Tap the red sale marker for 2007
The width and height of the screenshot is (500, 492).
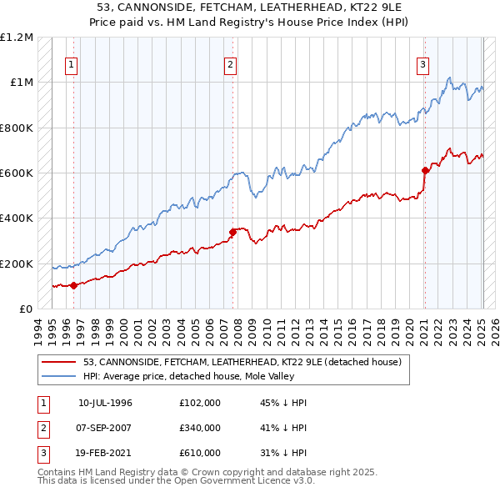(x=232, y=233)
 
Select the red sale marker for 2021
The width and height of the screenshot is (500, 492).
(x=424, y=171)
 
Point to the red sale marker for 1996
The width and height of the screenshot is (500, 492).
(x=73, y=286)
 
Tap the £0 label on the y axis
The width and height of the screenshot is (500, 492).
(x=24, y=309)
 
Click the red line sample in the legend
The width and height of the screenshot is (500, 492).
(x=59, y=362)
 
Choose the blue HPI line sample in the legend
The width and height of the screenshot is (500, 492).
(x=59, y=376)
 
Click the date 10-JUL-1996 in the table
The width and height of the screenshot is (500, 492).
(x=105, y=403)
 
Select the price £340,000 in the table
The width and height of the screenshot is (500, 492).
(x=200, y=428)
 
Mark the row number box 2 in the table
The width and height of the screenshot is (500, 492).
(x=41, y=428)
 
